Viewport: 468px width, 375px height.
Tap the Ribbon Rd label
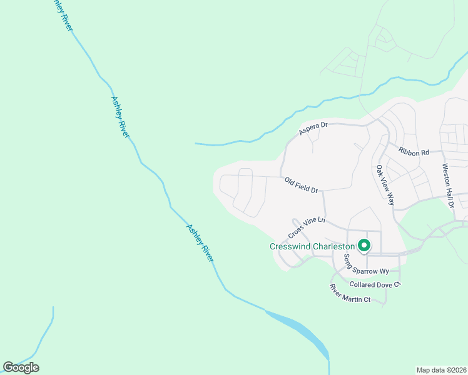(x=414, y=151)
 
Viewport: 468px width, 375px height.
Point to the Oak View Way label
(x=385, y=185)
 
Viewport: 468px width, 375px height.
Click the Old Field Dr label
(x=302, y=185)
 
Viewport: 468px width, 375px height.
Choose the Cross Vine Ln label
(x=307, y=227)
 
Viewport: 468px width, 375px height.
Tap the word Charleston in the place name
(x=334, y=246)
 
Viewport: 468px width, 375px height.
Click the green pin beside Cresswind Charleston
(x=362, y=246)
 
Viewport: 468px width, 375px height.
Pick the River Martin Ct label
(x=350, y=294)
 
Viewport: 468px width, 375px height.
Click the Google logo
(x=21, y=367)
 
